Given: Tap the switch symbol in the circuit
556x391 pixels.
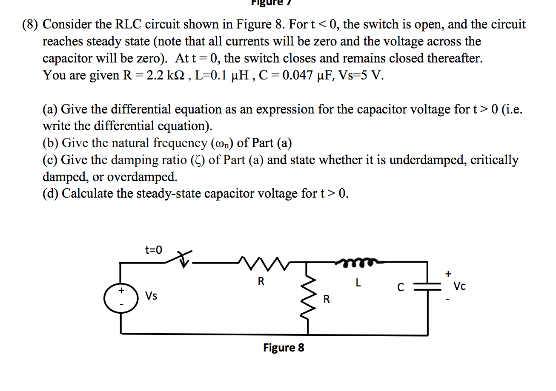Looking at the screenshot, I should click(x=181, y=259).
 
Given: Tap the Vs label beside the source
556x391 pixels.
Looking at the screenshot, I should click(x=151, y=296).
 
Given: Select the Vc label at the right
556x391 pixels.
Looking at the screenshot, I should click(x=459, y=286).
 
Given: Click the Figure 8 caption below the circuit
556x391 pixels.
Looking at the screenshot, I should click(x=284, y=348).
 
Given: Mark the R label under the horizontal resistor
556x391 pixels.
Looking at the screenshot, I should click(x=261, y=281).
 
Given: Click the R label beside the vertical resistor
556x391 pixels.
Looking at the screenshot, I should click(x=326, y=300).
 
